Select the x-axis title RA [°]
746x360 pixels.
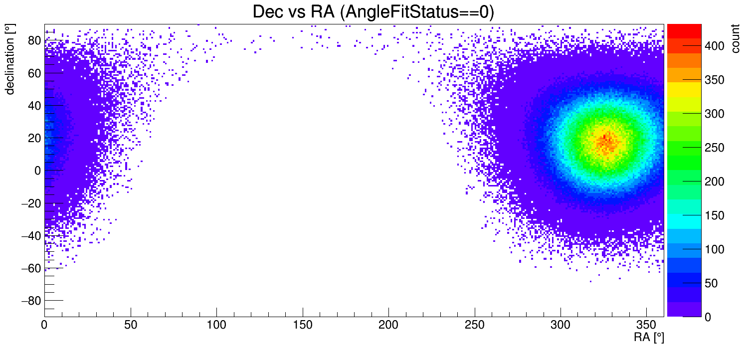[x=649, y=338]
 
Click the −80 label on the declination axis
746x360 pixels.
[x=30, y=301]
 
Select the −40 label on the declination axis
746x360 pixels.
[x=30, y=235]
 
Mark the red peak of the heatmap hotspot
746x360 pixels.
[x=605, y=137]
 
